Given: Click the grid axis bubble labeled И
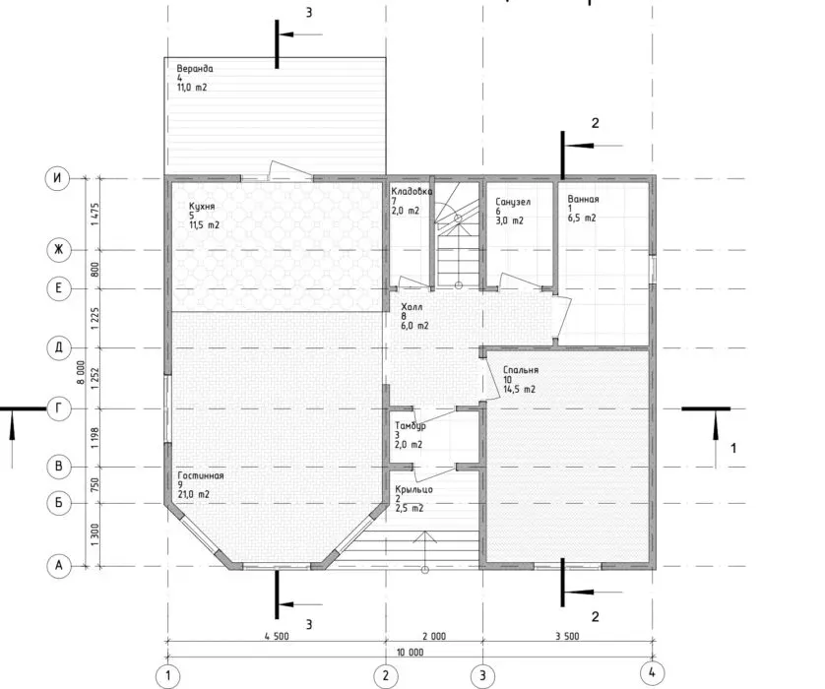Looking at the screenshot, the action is [x=57, y=178].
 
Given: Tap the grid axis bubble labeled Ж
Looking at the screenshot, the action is [x=58, y=249].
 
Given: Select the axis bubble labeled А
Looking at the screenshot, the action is [x=58, y=565].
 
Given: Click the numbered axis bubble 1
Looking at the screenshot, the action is [x=167, y=675].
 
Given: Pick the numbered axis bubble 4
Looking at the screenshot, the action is [x=652, y=672].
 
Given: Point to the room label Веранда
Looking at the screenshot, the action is [x=195, y=68].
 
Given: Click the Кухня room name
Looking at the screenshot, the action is [x=202, y=206].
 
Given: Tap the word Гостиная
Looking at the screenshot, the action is [x=201, y=475].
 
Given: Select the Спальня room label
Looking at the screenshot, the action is [x=521, y=370].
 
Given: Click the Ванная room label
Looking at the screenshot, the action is [x=583, y=200].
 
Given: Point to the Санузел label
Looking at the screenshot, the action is [x=513, y=202].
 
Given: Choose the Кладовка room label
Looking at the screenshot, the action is [x=412, y=192].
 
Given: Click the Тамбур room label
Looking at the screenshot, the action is [x=411, y=426].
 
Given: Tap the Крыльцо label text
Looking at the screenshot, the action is [x=414, y=489].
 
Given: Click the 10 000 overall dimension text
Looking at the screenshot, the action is [x=410, y=653].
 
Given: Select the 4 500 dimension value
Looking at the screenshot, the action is [x=277, y=637].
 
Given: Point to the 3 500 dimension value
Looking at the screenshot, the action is [x=567, y=637].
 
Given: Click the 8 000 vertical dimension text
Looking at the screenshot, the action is [x=81, y=372].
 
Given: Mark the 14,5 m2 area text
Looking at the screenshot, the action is [x=519, y=389].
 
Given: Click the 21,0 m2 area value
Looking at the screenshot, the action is [x=194, y=494].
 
